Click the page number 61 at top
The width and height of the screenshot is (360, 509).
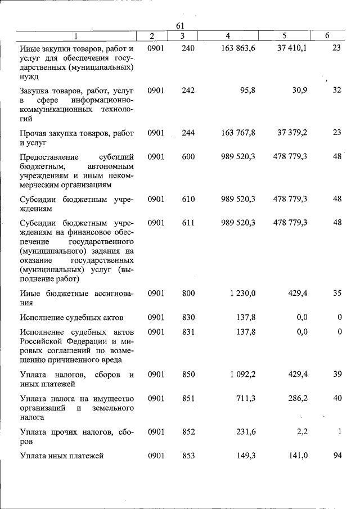tap(180, 26)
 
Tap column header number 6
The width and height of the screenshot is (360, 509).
tap(327, 36)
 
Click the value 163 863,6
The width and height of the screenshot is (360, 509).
tap(235, 48)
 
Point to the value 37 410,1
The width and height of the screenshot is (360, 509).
tap(292, 48)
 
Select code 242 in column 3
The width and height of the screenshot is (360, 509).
tap(188, 90)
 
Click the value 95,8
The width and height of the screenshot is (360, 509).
tap(246, 90)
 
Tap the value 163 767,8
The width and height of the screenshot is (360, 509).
tap(235, 133)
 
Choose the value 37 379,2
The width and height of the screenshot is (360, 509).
tap(292, 133)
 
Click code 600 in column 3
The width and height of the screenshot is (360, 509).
tap(188, 156)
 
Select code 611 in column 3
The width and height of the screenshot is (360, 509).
tap(188, 223)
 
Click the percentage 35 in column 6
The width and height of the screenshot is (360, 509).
tap(337, 293)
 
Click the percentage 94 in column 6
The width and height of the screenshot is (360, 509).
tap(337, 456)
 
